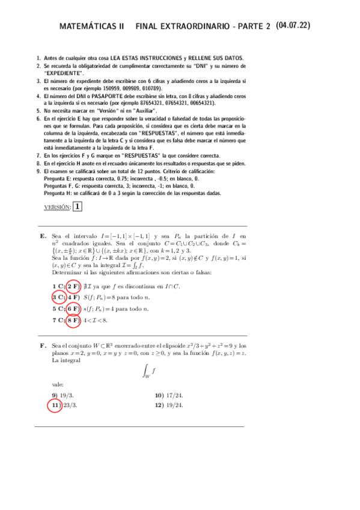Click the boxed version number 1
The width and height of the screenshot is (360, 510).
point(78,207)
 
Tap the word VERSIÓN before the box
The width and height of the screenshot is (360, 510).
point(57,207)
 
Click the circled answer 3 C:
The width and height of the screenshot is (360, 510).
point(58,297)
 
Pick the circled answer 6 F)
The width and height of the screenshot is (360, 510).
point(73,309)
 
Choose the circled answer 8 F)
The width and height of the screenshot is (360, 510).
point(73,320)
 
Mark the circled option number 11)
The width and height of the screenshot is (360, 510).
point(55,405)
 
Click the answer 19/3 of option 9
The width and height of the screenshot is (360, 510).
point(67,395)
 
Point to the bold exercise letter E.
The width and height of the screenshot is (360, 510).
point(43,236)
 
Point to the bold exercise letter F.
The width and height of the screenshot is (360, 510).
point(43,346)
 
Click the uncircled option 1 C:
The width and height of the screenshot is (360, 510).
point(58,286)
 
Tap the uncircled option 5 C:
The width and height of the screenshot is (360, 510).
point(58,309)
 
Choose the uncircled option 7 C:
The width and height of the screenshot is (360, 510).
point(58,320)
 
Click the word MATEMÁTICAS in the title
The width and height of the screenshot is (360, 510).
point(91,26)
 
